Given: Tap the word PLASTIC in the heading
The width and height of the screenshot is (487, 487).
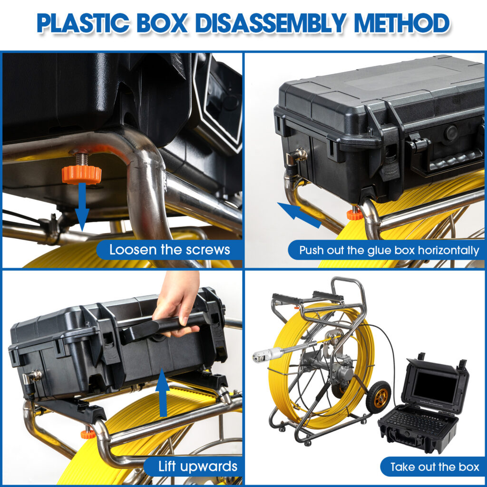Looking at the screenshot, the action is coord(83,23).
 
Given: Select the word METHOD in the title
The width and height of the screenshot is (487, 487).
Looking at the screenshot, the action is coord(401,23).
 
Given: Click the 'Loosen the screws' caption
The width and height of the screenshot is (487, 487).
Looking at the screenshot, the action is coord(170,250).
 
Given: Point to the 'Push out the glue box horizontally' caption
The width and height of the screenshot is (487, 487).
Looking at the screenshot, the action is coord(389,250).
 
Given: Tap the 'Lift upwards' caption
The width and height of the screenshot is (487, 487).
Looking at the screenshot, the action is coord(198,467).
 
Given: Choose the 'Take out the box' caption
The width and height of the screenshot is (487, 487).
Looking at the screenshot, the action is coord(435,467).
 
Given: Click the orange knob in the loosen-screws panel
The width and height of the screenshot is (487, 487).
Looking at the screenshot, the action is coord(81,175).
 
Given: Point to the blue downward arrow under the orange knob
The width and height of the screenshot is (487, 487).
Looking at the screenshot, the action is coord(82,207).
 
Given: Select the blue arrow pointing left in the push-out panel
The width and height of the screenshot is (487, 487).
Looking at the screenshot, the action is coord(300,214).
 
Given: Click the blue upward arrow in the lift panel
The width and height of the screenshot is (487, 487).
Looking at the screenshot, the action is coord(163,392).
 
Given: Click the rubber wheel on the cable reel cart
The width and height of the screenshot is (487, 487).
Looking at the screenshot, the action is coord(378,397).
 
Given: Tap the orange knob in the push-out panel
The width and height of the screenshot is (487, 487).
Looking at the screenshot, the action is coord(353,214).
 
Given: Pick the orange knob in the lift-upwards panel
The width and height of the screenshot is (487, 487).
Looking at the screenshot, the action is coord(88,434).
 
